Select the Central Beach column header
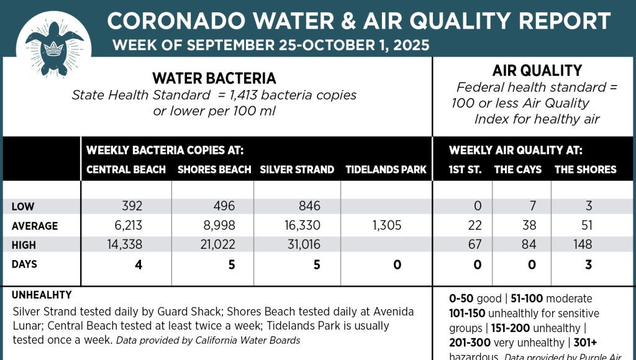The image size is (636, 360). point(126,169)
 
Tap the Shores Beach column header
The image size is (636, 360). point(214,169)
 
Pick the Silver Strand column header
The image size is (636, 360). point(297,169)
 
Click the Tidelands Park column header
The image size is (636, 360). point(386,169)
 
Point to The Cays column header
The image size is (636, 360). point(518,169)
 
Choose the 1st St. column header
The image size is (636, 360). point(465,169)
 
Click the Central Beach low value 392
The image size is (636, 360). point(132,206)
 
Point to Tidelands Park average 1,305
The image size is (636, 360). point(387,225)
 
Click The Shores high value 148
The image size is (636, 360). point(583,245)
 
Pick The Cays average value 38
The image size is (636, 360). point(529,225)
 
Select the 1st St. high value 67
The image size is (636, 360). point(475,245)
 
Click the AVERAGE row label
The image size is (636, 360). point(34,226)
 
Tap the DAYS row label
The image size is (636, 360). point(24,264)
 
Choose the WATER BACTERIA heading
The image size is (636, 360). point(214,78)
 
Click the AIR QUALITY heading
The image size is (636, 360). point(537,70)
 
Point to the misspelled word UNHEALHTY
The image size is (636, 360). point(42,295)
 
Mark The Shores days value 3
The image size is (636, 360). point(588,265)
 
